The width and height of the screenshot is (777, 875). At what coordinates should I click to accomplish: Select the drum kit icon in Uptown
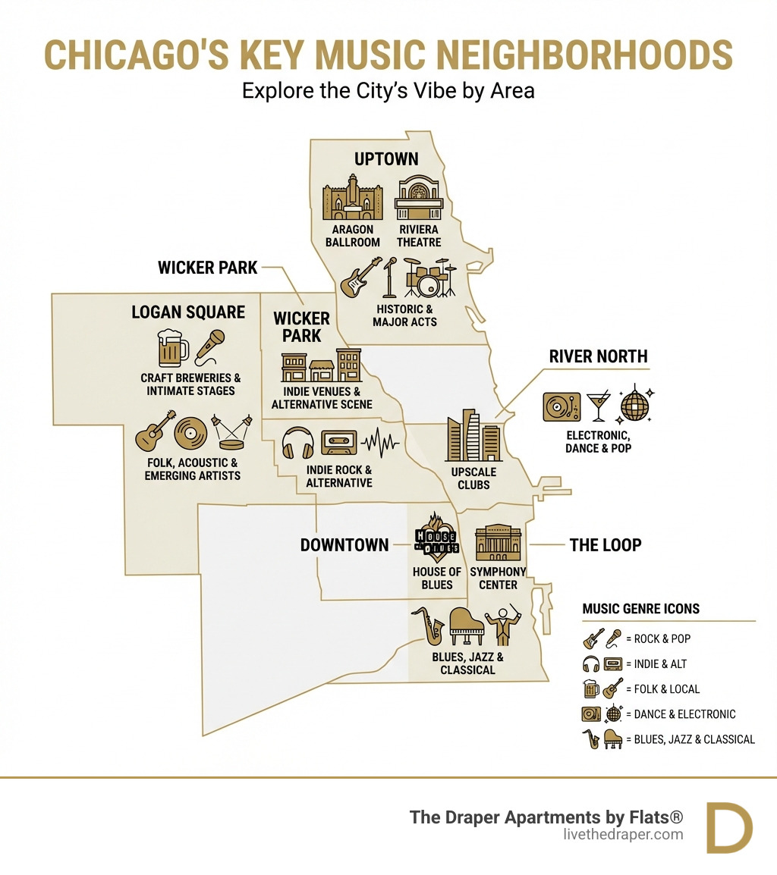coord(429,278)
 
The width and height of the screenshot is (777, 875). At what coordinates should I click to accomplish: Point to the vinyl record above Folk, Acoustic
coord(190,434)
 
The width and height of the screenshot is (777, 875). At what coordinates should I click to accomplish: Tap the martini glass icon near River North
coord(597,406)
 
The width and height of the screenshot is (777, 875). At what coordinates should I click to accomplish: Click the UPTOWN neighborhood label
coord(386,158)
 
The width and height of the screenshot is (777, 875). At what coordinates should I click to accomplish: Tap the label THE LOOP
coord(605,544)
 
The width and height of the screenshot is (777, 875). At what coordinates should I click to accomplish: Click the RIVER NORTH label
coord(598,356)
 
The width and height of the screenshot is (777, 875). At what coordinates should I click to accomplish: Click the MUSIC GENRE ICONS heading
coord(640,609)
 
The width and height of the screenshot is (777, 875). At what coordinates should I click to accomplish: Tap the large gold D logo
coord(728,827)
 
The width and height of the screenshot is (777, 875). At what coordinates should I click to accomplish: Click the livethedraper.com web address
coord(624,834)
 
